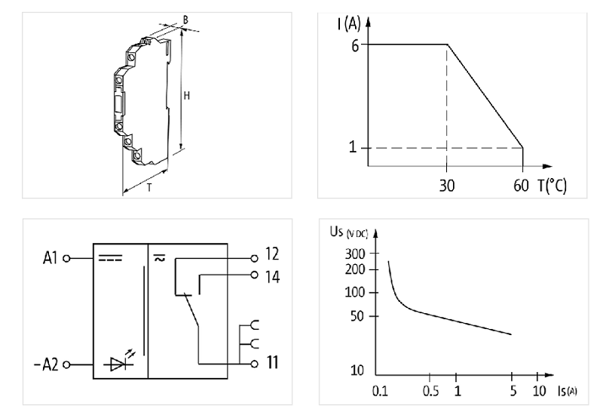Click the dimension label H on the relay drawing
pyautogui.click(x=186, y=96)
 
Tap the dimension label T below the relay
pyautogui.click(x=149, y=187)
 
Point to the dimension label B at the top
pyautogui.click(x=185, y=20)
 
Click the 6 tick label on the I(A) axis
pyautogui.click(x=354, y=46)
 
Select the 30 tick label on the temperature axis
pyautogui.click(x=446, y=186)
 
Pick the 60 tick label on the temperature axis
pyautogui.click(x=521, y=186)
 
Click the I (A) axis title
pyautogui.click(x=349, y=24)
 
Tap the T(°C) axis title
pyautogui.click(x=552, y=186)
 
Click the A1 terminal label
pyautogui.click(x=50, y=258)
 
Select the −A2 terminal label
pyautogui.click(x=46, y=364)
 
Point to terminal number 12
pyautogui.click(x=272, y=254)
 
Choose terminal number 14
pyautogui.click(x=272, y=277)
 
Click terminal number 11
pyautogui.click(x=272, y=362)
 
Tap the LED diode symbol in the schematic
pyautogui.click(x=118, y=364)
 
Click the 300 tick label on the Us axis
pyautogui.click(x=355, y=254)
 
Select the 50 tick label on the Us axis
pyautogui.click(x=357, y=316)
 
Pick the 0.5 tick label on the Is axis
pyautogui.click(x=430, y=391)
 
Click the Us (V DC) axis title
pyautogui.click(x=349, y=232)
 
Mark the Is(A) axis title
pyautogui.click(x=568, y=391)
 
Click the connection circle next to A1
pyautogui.click(x=66, y=258)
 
